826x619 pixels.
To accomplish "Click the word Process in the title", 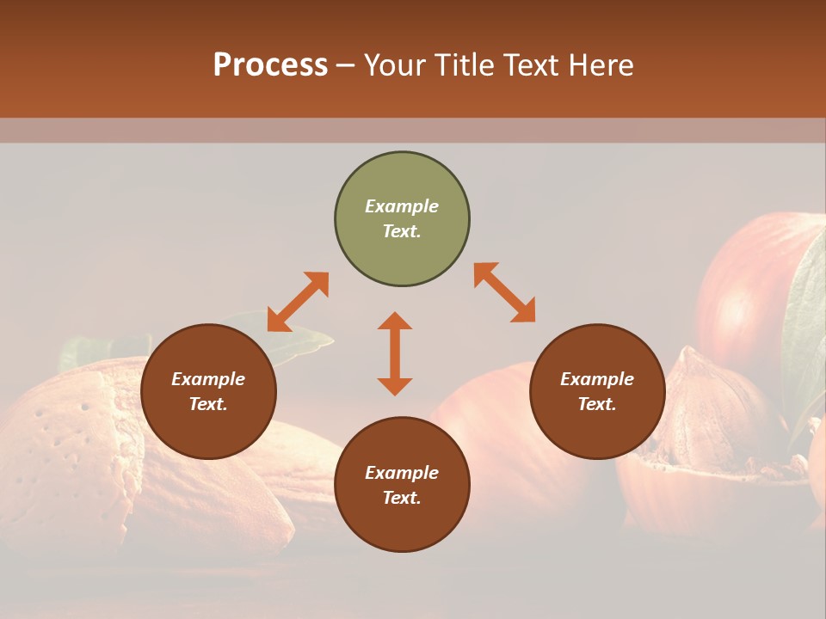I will pyautogui.click(x=270, y=65).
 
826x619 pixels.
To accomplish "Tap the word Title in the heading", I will pyautogui.click(x=463, y=65).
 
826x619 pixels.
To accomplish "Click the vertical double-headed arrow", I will pyautogui.click(x=395, y=353).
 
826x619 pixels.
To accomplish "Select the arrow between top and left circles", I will pyautogui.click(x=298, y=302).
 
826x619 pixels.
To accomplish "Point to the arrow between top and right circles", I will pyautogui.click(x=505, y=292).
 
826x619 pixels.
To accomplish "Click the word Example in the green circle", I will pyautogui.click(x=402, y=206).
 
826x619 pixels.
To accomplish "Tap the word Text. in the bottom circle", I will pyautogui.click(x=402, y=498).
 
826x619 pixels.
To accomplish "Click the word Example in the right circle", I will pyautogui.click(x=597, y=379).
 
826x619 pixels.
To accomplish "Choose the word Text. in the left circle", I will pyautogui.click(x=208, y=404).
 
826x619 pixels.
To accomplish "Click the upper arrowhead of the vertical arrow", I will pyautogui.click(x=395, y=322).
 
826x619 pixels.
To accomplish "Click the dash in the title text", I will pyautogui.click(x=346, y=65).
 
